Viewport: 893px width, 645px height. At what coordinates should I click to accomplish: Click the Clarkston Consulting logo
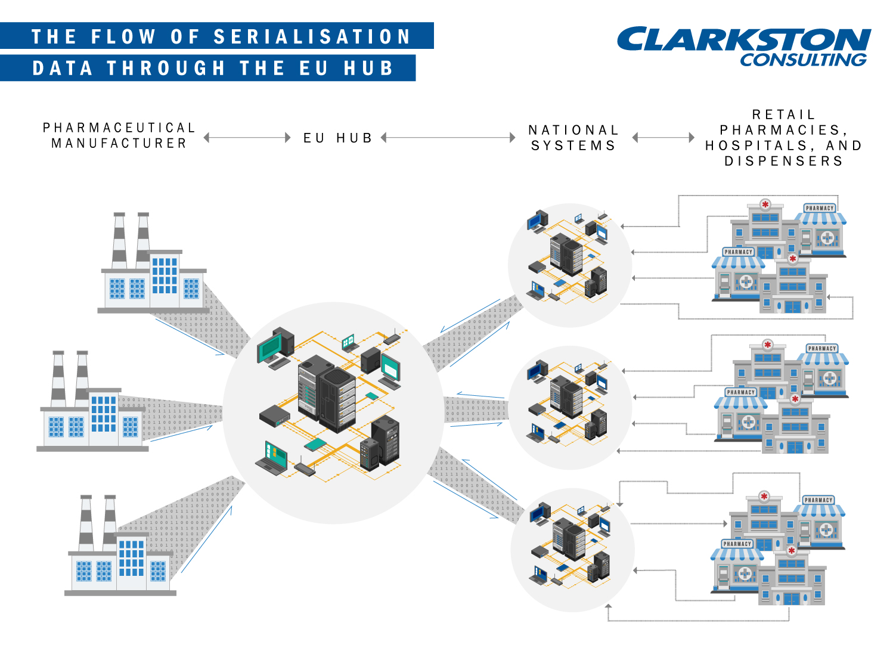tap(743, 46)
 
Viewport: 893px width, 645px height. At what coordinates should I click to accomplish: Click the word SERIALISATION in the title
tap(312, 37)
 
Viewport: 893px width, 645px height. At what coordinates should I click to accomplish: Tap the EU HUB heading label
tap(337, 138)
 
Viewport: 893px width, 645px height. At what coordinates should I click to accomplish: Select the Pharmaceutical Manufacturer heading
tap(119, 136)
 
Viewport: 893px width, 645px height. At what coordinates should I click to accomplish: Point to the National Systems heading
tap(573, 138)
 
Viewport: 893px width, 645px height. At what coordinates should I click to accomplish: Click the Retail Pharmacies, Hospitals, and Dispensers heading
tap(783, 138)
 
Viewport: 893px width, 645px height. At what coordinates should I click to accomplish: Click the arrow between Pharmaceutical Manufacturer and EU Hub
tap(247, 138)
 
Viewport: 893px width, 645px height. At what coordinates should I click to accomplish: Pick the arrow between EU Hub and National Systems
tap(448, 138)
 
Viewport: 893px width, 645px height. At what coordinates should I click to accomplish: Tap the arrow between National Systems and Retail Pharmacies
tap(663, 138)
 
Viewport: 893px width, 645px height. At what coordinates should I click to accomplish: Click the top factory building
tap(153, 268)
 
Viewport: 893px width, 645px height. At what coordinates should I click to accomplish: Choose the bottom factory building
tap(119, 551)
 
